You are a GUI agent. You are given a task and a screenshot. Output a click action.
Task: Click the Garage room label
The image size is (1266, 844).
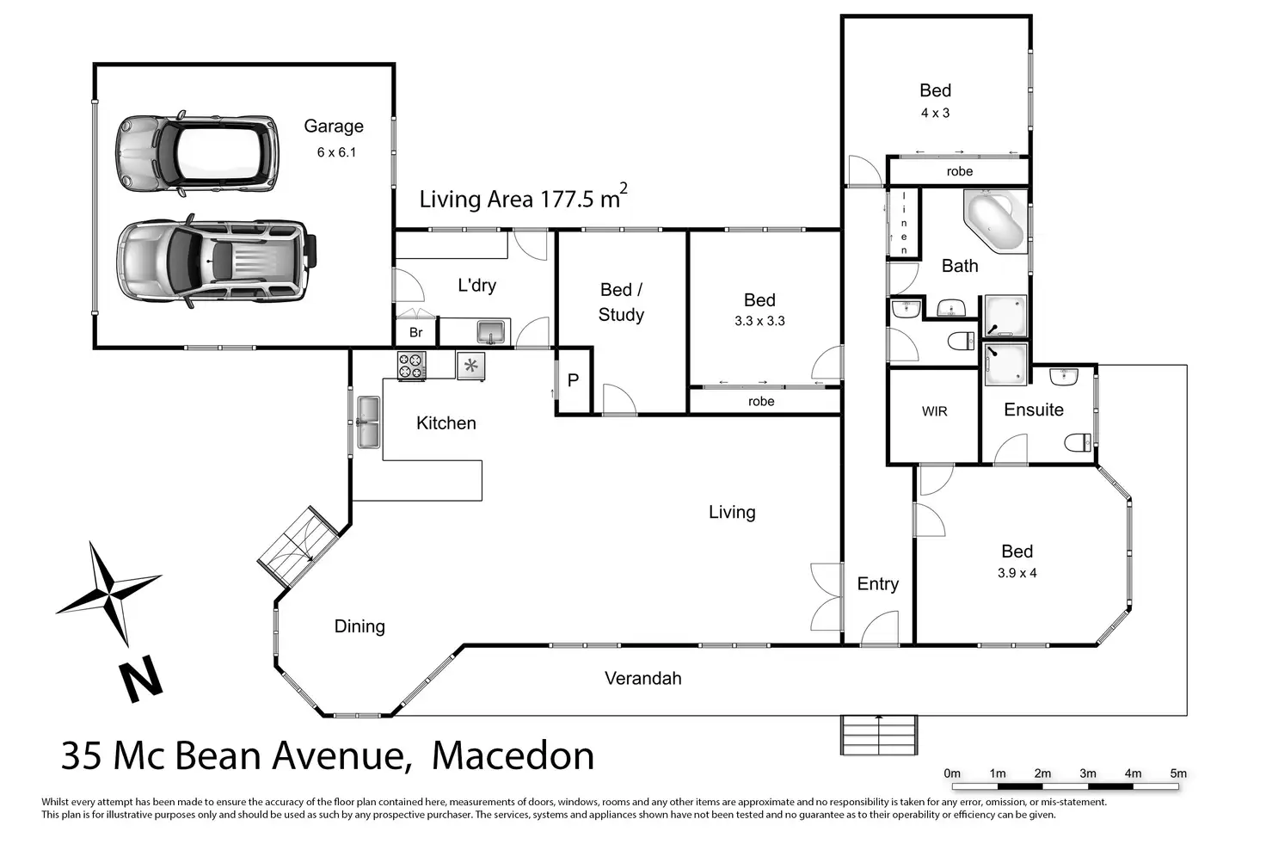(334, 126)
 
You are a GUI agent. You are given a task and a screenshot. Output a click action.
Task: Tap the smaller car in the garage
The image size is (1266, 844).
(197, 154)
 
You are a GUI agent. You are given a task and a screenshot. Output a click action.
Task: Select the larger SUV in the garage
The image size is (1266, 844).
(217, 262)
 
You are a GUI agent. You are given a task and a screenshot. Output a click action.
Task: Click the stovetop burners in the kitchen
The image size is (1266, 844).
(411, 365)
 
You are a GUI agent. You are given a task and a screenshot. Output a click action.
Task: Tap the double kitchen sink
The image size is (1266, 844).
(368, 422)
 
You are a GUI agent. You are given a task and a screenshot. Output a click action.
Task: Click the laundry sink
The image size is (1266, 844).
(491, 332)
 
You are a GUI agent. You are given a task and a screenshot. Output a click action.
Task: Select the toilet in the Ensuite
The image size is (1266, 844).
(1079, 442)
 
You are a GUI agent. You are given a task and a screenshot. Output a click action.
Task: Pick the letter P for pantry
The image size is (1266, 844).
(573, 380)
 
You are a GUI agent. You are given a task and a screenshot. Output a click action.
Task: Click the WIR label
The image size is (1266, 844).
(934, 411)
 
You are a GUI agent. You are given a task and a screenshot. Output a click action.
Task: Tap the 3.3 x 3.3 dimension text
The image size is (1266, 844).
(759, 321)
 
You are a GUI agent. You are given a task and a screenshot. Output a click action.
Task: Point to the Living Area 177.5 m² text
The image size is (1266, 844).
(524, 197)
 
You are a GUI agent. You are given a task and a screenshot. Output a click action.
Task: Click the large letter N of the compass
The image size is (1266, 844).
(141, 679)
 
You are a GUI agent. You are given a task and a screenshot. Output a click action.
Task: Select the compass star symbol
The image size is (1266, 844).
(108, 593)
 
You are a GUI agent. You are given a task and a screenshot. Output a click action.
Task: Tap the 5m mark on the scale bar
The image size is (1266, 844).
(1178, 773)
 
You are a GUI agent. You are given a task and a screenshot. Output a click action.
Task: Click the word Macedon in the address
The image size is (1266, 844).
(513, 755)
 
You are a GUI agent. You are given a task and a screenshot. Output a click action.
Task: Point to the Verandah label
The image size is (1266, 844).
(643, 678)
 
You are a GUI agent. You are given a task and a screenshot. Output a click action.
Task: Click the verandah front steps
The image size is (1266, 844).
(879, 735)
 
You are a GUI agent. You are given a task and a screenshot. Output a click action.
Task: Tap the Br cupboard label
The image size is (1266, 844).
(416, 332)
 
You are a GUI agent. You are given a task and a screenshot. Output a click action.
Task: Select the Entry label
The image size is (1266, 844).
(878, 584)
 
